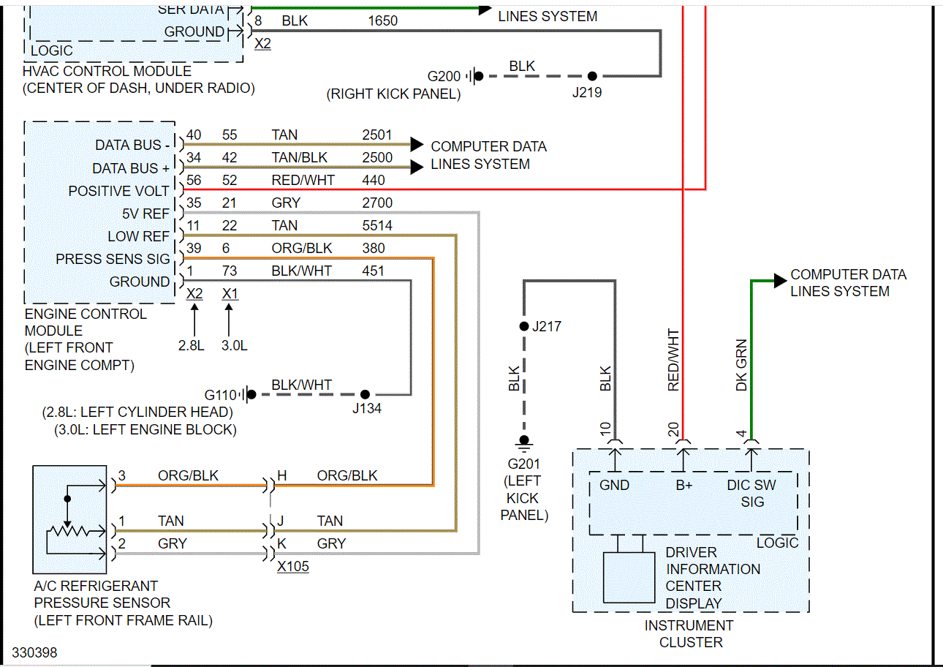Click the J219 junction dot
pos(592,76)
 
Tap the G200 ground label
pos(444,76)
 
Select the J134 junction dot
pos(365,394)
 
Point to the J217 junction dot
pos(523,326)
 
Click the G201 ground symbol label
pos(523,464)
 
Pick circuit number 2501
pos(377,135)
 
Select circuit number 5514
pos(377,226)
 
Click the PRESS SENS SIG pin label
pos(113,260)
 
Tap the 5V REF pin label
pos(145,214)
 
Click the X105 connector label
pos(292,567)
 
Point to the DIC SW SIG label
pos(751,493)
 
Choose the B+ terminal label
pos(683,485)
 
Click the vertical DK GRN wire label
pos(741,364)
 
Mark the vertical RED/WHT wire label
pos(673,360)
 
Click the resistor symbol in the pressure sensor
pos(68,532)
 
